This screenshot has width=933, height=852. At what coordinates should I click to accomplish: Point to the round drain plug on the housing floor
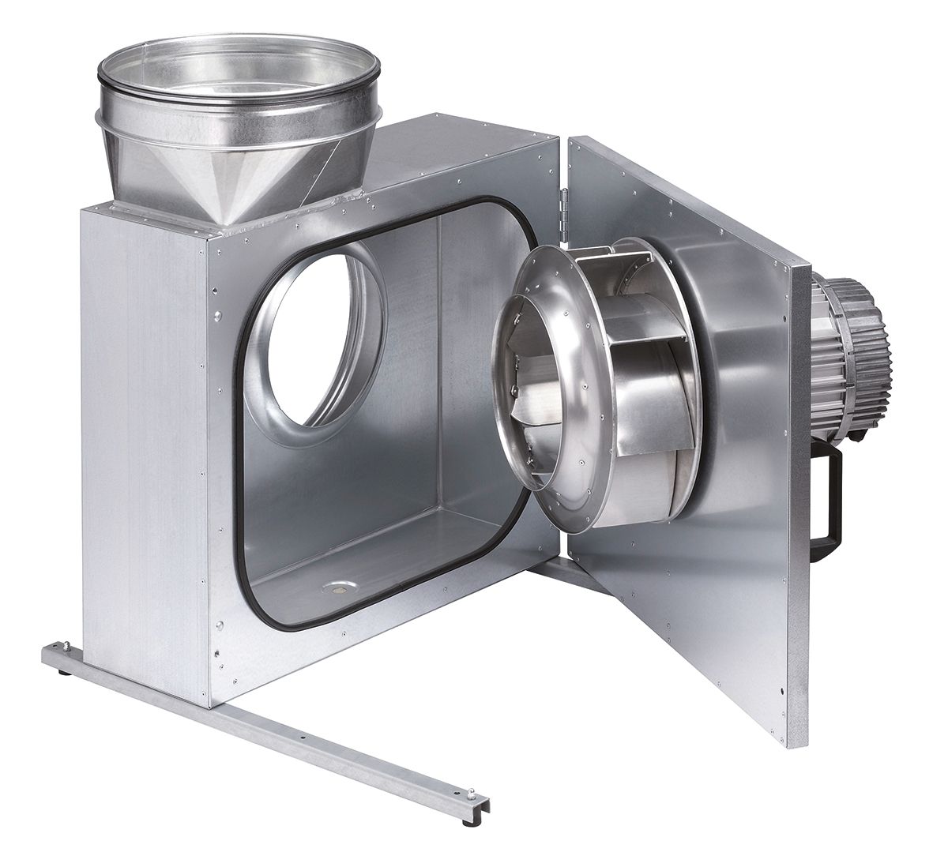pos(340,587)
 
